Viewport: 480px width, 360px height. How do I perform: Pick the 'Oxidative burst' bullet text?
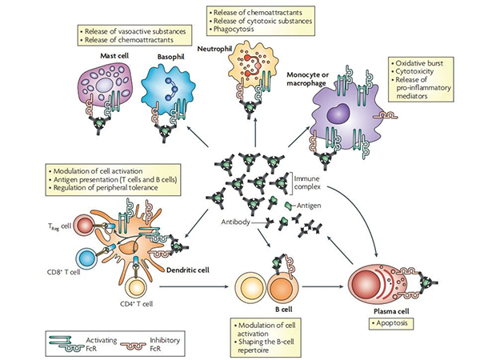point(420,64)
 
